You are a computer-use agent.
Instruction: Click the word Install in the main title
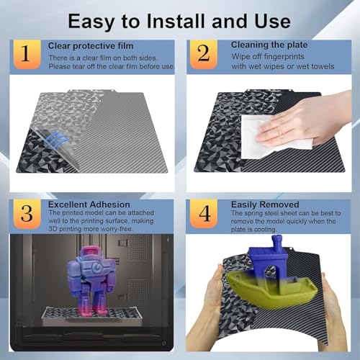(176, 21)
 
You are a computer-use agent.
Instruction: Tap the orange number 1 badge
(27, 54)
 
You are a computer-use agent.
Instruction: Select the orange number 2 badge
(204, 54)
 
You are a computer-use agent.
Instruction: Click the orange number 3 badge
(27, 214)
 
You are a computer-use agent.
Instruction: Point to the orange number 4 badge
(204, 214)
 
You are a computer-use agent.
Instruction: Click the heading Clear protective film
(91, 46)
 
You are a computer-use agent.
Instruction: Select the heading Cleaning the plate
(269, 45)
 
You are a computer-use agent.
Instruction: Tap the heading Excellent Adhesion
(89, 204)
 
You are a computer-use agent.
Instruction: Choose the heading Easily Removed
(265, 204)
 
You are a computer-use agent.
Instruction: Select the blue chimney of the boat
(277, 243)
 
